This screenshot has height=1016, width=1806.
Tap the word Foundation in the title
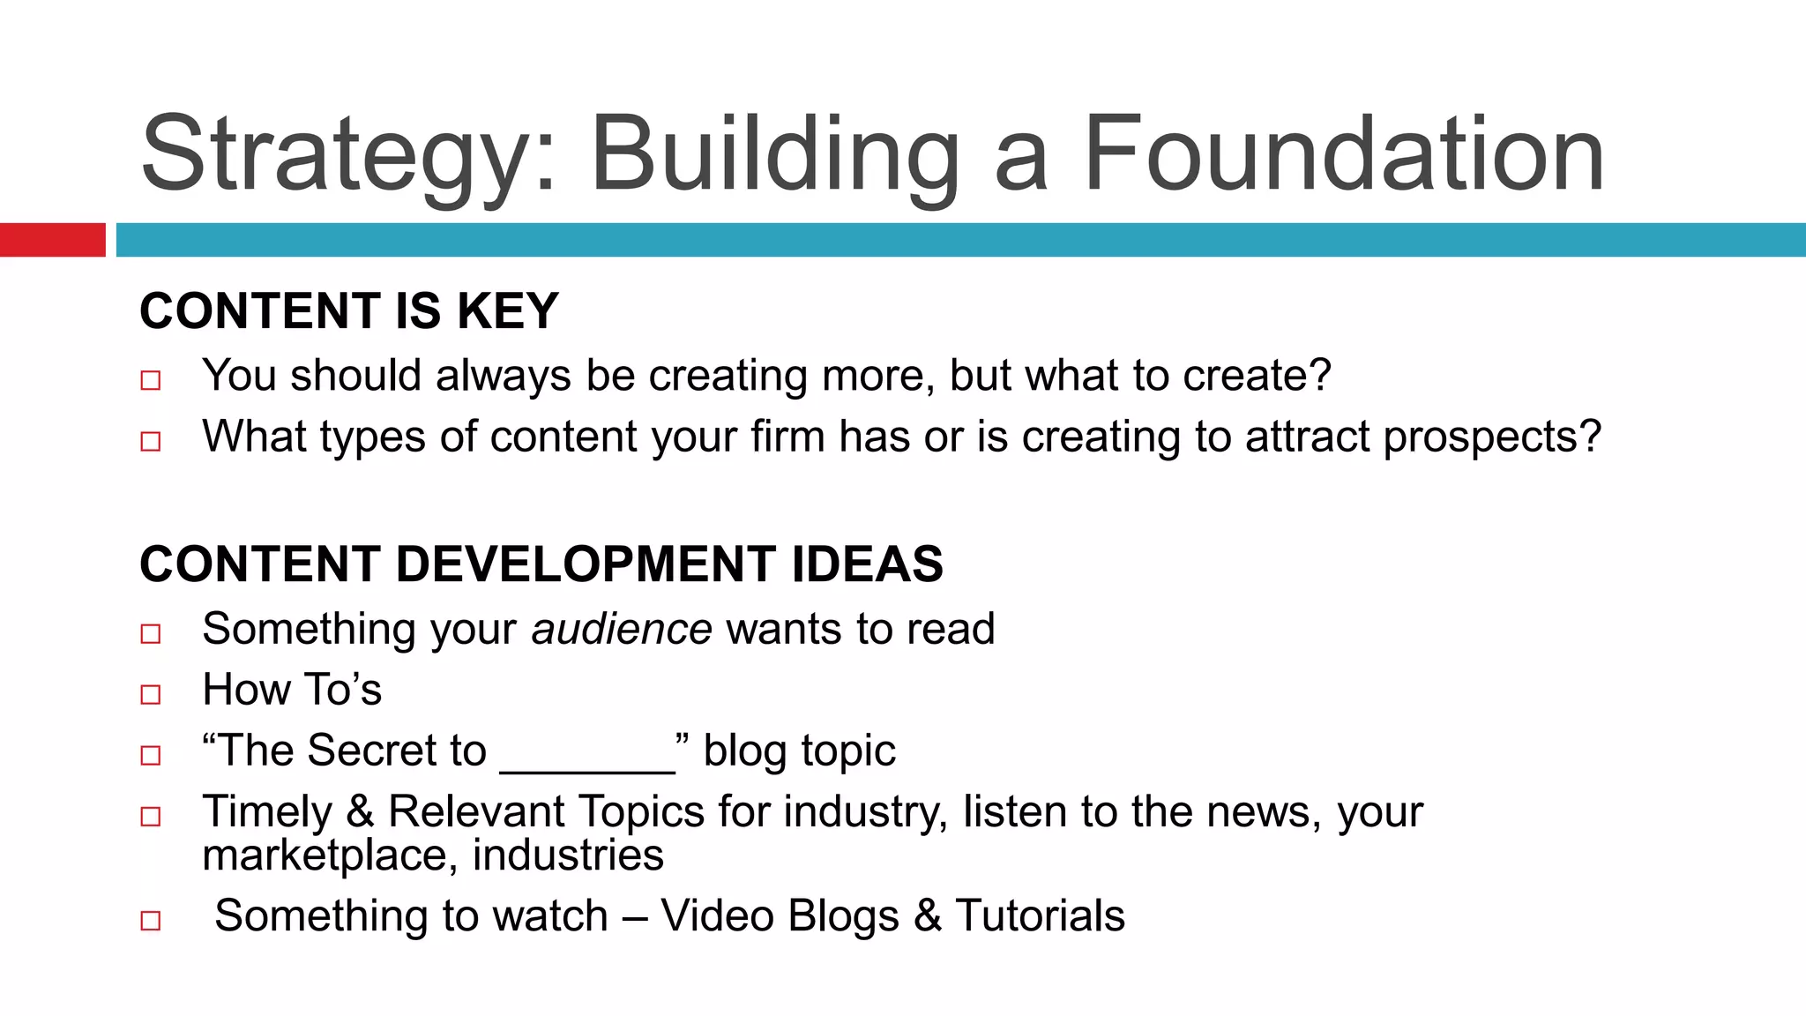click(1343, 154)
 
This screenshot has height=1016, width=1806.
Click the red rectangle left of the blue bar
click(52, 240)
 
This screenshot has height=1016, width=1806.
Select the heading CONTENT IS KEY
click(349, 311)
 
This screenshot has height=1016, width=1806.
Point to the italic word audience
click(622, 629)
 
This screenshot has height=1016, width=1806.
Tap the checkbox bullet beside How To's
click(151, 694)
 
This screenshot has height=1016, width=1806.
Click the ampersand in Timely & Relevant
click(360, 811)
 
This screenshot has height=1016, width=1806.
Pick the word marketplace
click(329, 855)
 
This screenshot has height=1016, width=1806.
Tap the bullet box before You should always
click(151, 380)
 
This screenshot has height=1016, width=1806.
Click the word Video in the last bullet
click(717, 915)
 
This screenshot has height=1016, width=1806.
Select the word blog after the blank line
click(744, 751)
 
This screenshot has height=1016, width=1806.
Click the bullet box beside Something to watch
click(151, 921)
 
